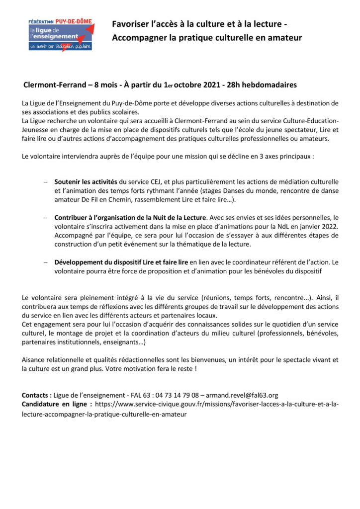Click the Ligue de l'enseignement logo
pos(60,33)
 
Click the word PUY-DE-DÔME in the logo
pos(74,21)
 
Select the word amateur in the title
pos(284,38)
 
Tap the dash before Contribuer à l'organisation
pos(45,218)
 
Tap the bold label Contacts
pos(36,395)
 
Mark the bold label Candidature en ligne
pos(57,405)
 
